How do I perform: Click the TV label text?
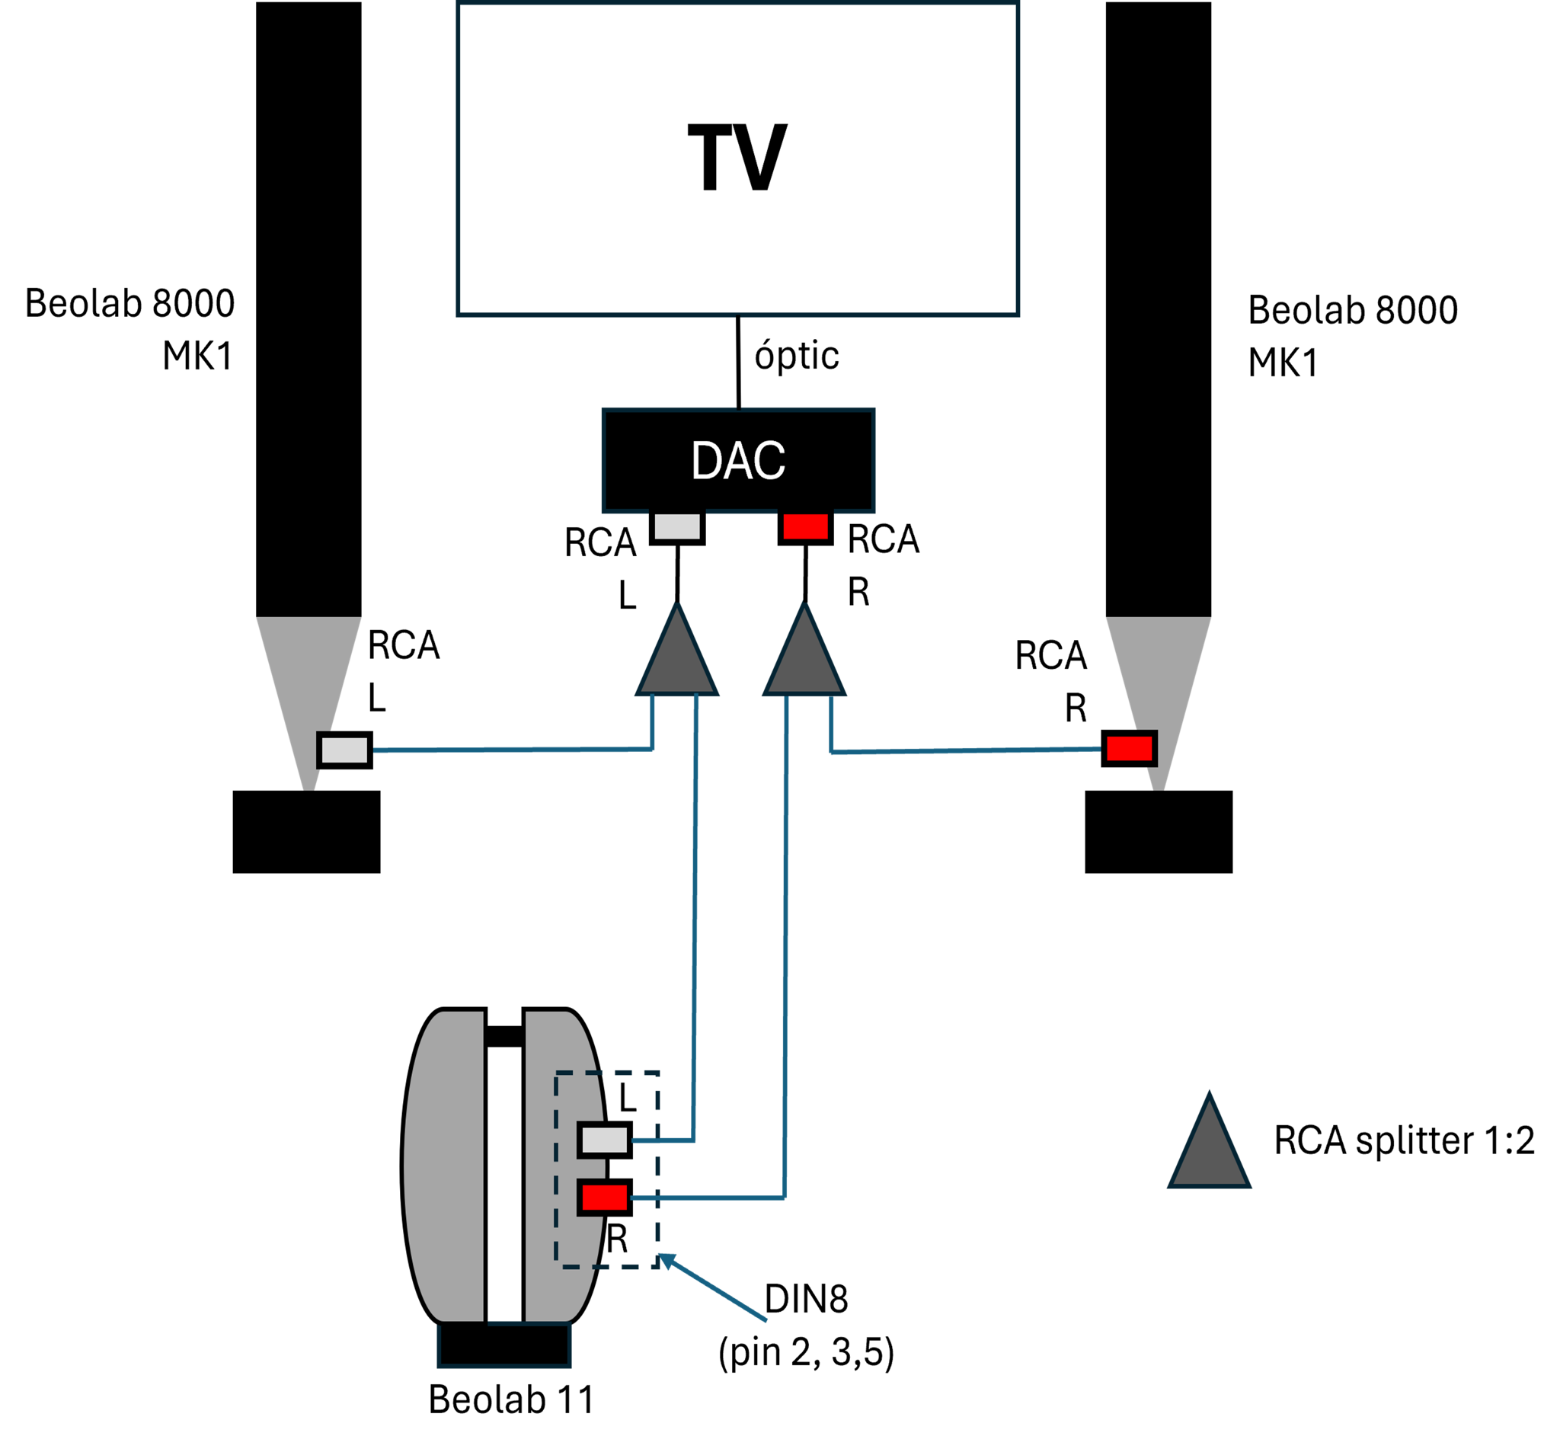(x=737, y=157)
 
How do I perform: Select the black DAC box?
(x=738, y=461)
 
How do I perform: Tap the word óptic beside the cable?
(x=797, y=356)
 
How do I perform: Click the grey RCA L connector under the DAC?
(x=677, y=527)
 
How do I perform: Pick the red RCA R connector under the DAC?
(x=805, y=527)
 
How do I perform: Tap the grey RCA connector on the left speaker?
(x=344, y=750)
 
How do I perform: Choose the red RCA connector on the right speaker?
(x=1129, y=748)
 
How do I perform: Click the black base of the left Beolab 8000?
(x=307, y=832)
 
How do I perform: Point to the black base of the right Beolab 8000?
(x=1159, y=832)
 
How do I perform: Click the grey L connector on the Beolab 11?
(x=605, y=1140)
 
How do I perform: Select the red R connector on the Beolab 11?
(x=605, y=1198)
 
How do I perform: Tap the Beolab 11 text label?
(x=511, y=1399)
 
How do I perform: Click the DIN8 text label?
(x=807, y=1300)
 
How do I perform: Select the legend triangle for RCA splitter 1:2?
(x=1210, y=1143)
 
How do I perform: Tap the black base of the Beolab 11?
(x=504, y=1345)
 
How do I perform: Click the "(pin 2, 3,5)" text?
(x=807, y=1353)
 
